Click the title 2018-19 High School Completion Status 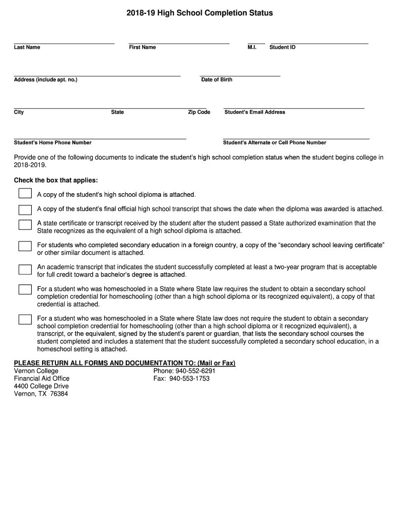coord(200,13)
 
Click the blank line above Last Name coord(64,43)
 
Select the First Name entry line coord(179,43)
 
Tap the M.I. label coord(251,47)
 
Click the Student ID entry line coord(319,43)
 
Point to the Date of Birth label coord(216,80)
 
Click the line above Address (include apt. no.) coord(97,75)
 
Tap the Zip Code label coord(199,112)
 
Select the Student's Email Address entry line coord(294,108)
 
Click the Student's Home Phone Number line coord(100,138)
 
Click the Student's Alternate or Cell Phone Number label coord(274,143)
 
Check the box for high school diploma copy coord(25,194)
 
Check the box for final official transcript coord(25,209)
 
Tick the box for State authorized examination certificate coord(25,225)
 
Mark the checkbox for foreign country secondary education coord(25,246)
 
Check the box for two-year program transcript coord(25,269)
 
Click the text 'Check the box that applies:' coord(55,181)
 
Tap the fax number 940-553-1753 coord(189,379)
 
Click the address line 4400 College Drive coord(41,386)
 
